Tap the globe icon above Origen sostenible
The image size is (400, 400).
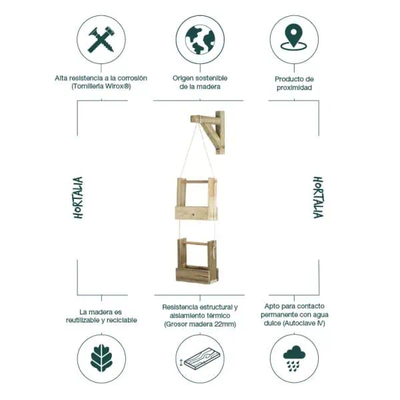(199, 39)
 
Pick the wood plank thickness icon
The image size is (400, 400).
(199, 359)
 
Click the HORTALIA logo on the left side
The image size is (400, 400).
(79, 198)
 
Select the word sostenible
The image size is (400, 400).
(213, 78)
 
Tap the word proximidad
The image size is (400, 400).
(293, 87)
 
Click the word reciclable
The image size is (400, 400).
(121, 321)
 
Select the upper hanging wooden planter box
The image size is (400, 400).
(195, 200)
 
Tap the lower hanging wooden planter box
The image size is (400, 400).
(196, 262)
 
